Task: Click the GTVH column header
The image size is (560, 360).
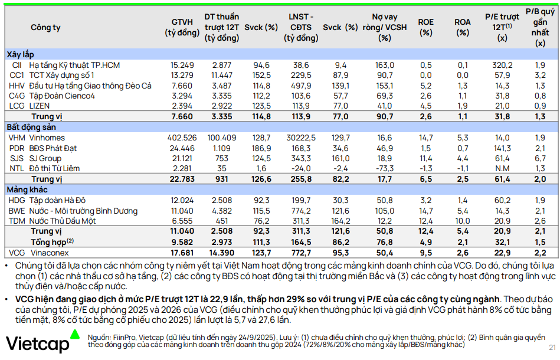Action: pos(182,27)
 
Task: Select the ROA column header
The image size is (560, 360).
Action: pos(463,27)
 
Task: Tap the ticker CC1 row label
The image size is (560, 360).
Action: pos(17,75)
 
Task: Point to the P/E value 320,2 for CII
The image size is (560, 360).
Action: pos(502,65)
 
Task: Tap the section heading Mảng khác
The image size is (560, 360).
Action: pos(27,189)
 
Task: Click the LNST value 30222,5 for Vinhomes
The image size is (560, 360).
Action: pos(300,137)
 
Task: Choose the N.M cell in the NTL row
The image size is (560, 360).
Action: pos(503,168)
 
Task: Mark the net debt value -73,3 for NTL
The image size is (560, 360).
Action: pos(385,168)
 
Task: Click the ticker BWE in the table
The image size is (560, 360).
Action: pos(18,211)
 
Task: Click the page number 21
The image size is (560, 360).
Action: pos(552,348)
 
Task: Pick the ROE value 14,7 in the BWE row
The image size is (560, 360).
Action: pos(425,211)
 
